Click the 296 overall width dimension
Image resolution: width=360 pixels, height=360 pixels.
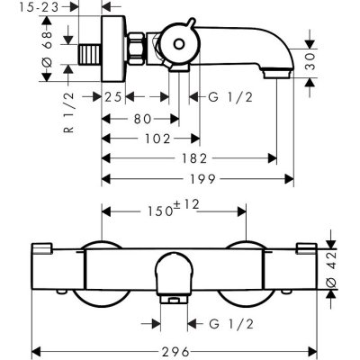[176, 351]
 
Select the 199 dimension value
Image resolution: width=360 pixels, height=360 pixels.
[202, 179]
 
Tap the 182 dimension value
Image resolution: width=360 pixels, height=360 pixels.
[194, 158]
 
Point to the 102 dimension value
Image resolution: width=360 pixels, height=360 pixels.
[157, 139]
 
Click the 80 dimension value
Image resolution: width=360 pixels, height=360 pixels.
[142, 119]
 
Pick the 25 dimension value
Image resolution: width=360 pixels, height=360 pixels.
[113, 97]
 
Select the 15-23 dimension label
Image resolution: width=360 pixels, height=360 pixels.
[39, 7]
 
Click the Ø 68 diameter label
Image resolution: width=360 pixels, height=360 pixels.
[48, 49]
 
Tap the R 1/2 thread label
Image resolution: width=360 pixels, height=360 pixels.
[68, 112]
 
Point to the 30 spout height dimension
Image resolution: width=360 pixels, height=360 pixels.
[311, 61]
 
